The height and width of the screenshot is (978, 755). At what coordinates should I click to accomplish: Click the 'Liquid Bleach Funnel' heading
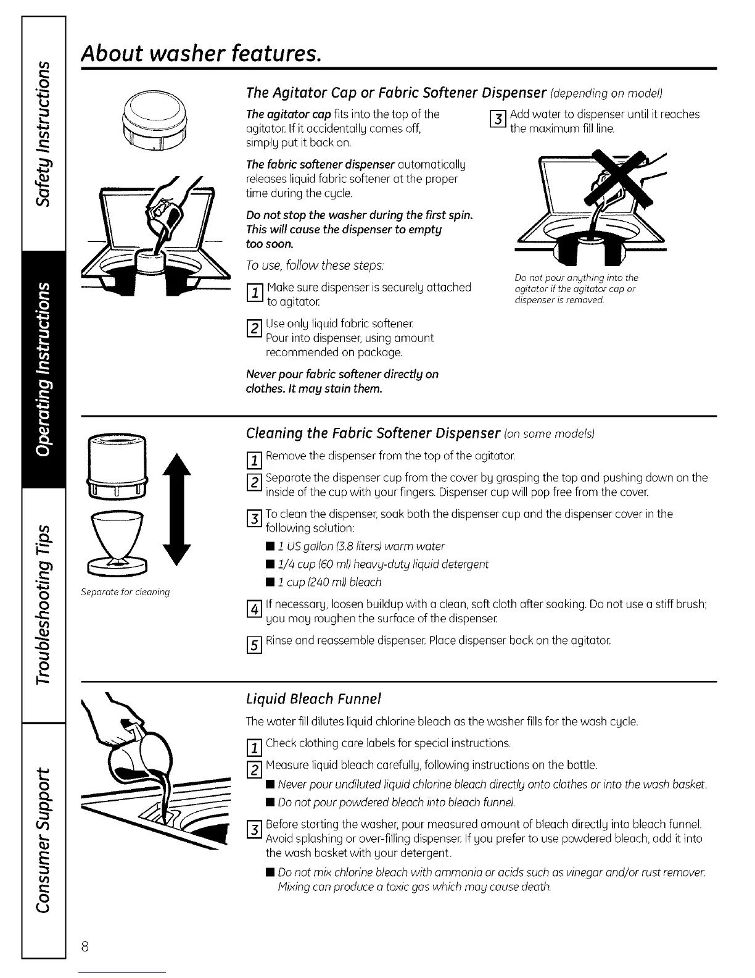point(313,698)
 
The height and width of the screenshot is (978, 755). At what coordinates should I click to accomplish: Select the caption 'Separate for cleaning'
point(125,592)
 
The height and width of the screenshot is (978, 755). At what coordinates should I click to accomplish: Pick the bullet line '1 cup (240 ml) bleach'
point(329,582)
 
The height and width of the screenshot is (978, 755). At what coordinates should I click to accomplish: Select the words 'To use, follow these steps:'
point(315,265)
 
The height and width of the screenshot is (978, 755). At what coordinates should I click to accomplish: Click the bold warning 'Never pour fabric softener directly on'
point(342,374)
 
